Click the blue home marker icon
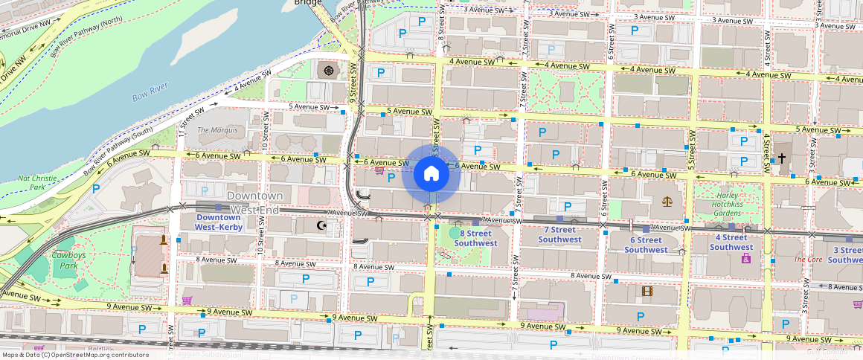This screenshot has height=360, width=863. click(x=431, y=174)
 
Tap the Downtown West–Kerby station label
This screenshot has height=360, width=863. click(x=219, y=222)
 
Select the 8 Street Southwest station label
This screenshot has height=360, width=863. click(x=475, y=238)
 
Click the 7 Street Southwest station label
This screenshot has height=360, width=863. click(x=559, y=235)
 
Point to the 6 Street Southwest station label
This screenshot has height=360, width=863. click(x=646, y=245)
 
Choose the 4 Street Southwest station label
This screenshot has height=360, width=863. click(x=731, y=242)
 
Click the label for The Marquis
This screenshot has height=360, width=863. click(x=217, y=130)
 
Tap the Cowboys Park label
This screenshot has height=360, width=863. click(x=68, y=261)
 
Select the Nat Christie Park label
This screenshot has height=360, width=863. click(x=36, y=183)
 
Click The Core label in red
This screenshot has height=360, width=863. click(x=808, y=260)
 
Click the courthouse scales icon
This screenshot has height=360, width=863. click(x=667, y=201)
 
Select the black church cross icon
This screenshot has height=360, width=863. click(x=781, y=158)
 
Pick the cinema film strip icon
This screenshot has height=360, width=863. click(x=647, y=291)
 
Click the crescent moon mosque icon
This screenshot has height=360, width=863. click(x=322, y=225)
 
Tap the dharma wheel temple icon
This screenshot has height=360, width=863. click(x=328, y=71)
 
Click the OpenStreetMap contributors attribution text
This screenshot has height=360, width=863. click(x=74, y=355)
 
